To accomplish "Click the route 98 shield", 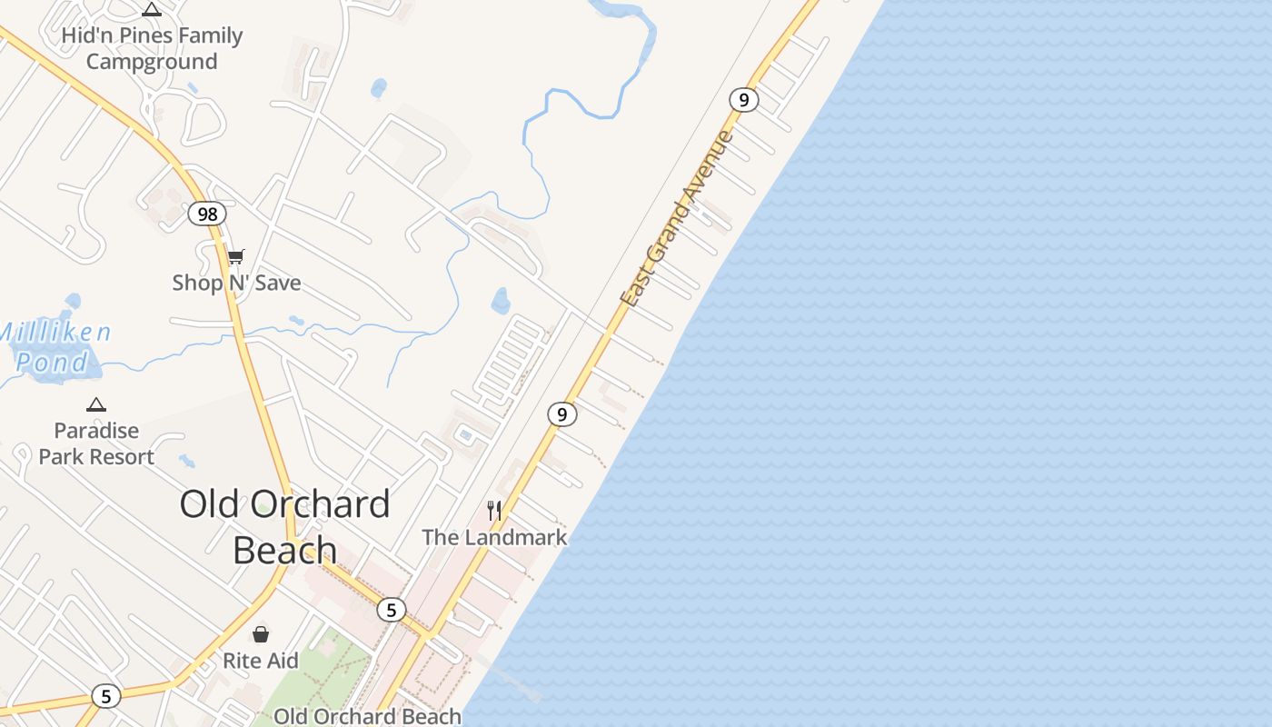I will (x=207, y=214).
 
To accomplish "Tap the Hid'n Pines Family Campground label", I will (x=152, y=48).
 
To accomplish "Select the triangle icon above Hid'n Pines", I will (x=152, y=10).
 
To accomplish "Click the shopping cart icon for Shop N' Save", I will (x=236, y=257).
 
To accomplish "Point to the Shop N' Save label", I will (x=236, y=283).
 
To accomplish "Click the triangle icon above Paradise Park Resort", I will (x=96, y=404).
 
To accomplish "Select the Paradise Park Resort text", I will (x=96, y=443).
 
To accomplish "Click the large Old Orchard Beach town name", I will (x=284, y=526).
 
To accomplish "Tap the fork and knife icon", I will (x=494, y=510).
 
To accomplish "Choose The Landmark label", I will (x=494, y=537).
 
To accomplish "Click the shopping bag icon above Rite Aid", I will (x=261, y=633).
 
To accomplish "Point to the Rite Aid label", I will (x=261, y=661).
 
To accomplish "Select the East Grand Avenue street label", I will (x=676, y=218).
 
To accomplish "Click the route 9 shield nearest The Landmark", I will (x=562, y=414).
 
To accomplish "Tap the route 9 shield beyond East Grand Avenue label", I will (x=743, y=100).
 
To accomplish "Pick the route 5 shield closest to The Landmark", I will (x=392, y=609).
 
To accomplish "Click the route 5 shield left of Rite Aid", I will (x=106, y=696).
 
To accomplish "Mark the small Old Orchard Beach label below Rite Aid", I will (x=367, y=716).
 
